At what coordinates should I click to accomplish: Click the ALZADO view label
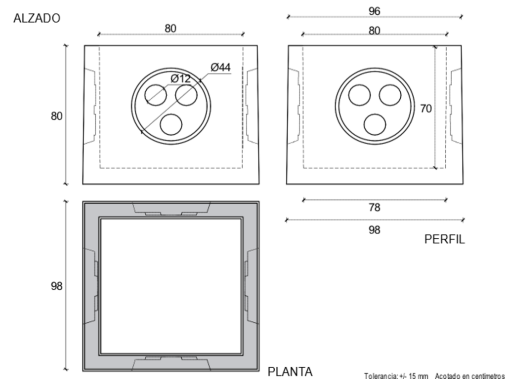point(37,18)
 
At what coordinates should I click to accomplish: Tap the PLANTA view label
point(290,372)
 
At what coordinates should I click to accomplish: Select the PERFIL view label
point(444,239)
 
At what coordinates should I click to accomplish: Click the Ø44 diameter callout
point(221,67)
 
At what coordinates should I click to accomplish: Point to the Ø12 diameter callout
point(181,78)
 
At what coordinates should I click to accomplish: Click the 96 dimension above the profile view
point(375,11)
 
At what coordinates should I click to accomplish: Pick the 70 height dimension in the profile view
point(426,109)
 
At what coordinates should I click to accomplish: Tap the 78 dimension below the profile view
point(375,208)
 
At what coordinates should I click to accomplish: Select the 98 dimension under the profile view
point(375,230)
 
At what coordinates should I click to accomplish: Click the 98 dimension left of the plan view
point(56,286)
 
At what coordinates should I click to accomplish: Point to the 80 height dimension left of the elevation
point(56,116)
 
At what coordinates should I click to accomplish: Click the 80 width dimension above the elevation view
point(170,28)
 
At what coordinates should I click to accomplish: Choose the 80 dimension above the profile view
point(375,31)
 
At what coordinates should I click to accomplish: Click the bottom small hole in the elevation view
point(171,125)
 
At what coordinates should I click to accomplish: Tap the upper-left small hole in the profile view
point(360,95)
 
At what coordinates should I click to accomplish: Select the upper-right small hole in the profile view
point(390,95)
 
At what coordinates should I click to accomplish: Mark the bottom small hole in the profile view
point(375,125)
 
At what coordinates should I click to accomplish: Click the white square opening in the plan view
point(170,286)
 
